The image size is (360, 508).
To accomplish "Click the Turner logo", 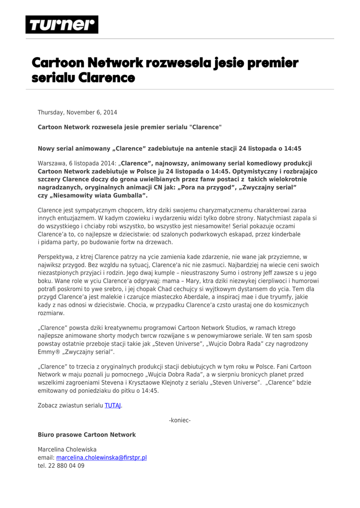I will pyautogui.click(x=62, y=24).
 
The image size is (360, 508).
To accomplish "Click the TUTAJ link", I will pyautogui.click(x=113, y=405).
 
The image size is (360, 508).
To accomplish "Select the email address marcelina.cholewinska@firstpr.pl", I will pyautogui.click(x=101, y=457).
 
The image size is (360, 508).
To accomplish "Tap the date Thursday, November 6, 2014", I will pyautogui.click(x=77, y=112).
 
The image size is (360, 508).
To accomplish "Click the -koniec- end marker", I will pyautogui.click(x=180, y=420).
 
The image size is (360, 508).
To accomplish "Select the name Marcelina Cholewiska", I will pyautogui.click(x=67, y=449).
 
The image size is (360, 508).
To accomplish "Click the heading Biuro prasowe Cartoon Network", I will pyautogui.click(x=86, y=435).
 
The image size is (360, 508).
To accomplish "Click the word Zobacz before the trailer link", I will pyautogui.click(x=48, y=405).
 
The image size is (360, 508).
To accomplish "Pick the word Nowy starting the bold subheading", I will pyautogui.click(x=46, y=148).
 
